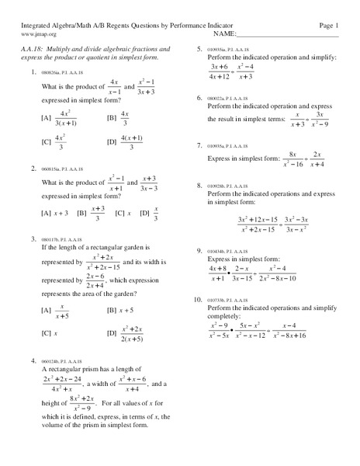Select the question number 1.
[x=34, y=72]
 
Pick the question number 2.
[x=34, y=168]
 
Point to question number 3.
[x=34, y=239]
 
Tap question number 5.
[x=200, y=49]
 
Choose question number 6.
[x=200, y=98]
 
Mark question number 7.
[x=200, y=145]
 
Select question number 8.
[x=200, y=186]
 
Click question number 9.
[x=200, y=251]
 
